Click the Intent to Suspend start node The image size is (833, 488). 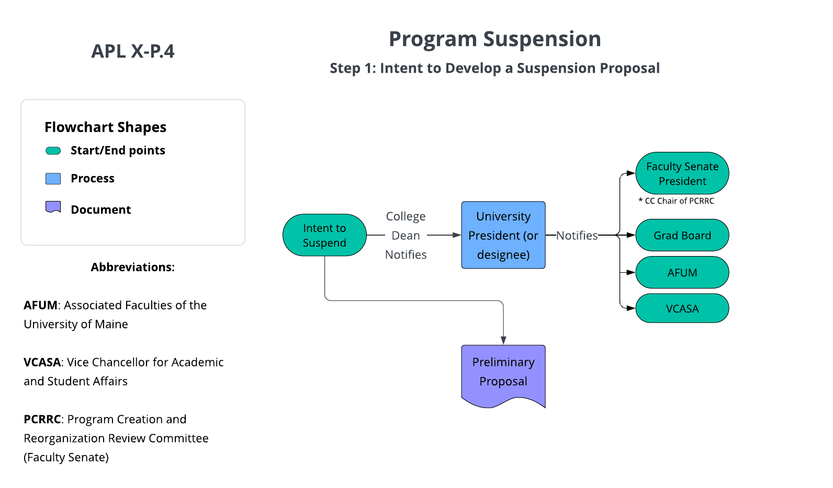click(x=324, y=235)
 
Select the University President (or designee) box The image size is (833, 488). click(x=503, y=235)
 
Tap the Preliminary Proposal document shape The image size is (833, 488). click(x=503, y=373)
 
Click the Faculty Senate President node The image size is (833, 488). click(x=682, y=173)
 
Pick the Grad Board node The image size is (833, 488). click(x=682, y=236)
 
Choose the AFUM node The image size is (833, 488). click(x=682, y=272)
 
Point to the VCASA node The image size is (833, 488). click(x=682, y=308)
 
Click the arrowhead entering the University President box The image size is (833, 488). click(x=457, y=235)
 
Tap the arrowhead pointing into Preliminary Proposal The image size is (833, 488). click(x=503, y=340)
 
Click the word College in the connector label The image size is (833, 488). click(x=406, y=216)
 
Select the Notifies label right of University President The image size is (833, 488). click(x=577, y=236)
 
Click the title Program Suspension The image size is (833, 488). click(x=494, y=39)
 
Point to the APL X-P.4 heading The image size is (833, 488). click(x=133, y=51)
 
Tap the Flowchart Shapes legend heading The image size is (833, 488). click(x=105, y=127)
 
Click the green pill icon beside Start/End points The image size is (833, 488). click(x=53, y=151)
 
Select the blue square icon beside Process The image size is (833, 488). click(x=53, y=179)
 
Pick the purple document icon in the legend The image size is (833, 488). click(x=53, y=207)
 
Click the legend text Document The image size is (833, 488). click(x=100, y=209)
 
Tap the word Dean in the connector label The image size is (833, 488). click(x=406, y=236)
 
